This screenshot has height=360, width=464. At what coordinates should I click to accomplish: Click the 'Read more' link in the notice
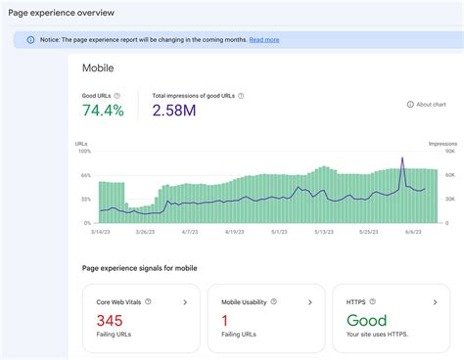pyautogui.click(x=263, y=40)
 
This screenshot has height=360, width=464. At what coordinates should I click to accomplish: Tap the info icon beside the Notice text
pyautogui.click(x=30, y=40)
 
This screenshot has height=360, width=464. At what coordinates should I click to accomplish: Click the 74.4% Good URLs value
pyautogui.click(x=103, y=112)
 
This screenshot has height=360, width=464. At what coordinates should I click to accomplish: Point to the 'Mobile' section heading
pyautogui.click(x=100, y=69)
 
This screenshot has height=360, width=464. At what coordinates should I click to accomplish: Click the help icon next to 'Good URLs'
pyautogui.click(x=117, y=96)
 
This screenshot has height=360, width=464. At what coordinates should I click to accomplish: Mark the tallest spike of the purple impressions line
pyautogui.click(x=402, y=158)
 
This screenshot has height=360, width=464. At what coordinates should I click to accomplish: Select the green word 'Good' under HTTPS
pyautogui.click(x=366, y=321)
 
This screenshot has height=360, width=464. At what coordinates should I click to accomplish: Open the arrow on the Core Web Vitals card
pyautogui.click(x=186, y=303)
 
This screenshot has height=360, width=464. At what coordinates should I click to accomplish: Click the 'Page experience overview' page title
pyautogui.click(x=61, y=13)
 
